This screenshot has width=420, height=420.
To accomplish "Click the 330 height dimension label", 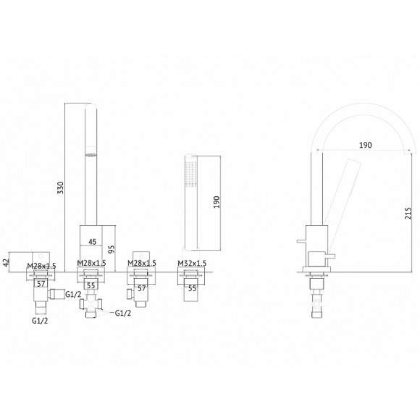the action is pos(61,188).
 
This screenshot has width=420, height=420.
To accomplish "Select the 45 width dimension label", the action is pos(92,242).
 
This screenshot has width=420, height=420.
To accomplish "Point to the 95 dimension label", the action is pos(112,249).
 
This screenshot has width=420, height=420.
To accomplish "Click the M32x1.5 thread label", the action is pos(192,264).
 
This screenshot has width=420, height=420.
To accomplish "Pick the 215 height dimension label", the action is pos(408,214).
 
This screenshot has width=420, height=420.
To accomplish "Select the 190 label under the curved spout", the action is pos(366,145).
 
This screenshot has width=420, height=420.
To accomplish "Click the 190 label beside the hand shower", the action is pos(217,202).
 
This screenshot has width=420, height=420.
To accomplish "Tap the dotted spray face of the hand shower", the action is pos(191,174).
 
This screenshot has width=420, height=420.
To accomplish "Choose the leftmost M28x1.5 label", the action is pos(41,266).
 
